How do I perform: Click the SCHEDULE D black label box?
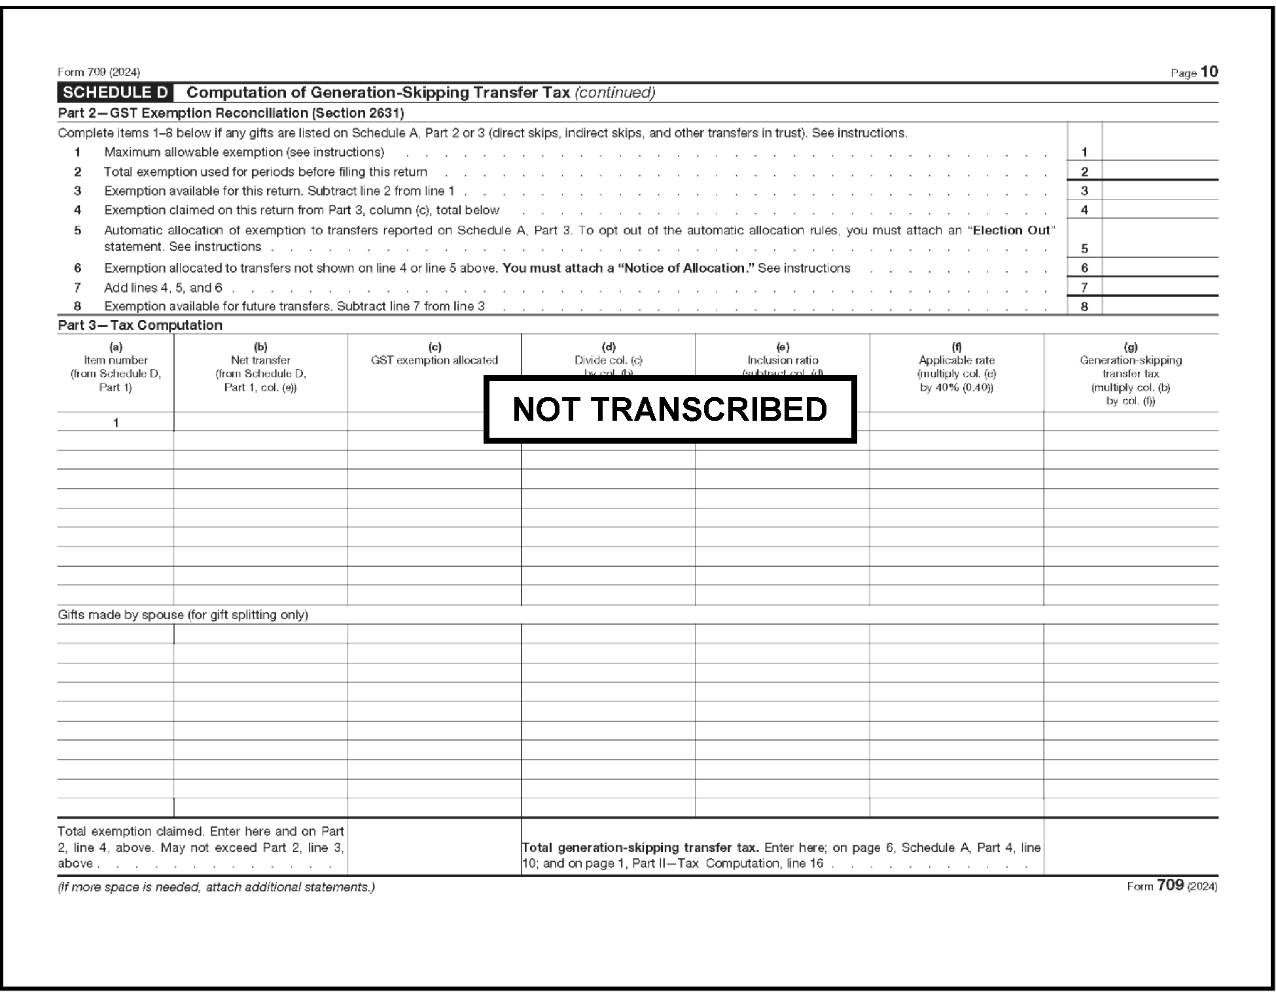click(115, 92)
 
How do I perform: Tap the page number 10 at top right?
click(1209, 72)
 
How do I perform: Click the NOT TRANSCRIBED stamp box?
click(669, 409)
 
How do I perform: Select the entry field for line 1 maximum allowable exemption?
click(1160, 152)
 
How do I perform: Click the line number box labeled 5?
click(1084, 249)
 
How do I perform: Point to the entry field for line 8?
click(1160, 306)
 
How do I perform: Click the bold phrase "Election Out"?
click(1011, 230)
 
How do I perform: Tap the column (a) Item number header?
click(116, 367)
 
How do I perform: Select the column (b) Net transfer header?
click(260, 367)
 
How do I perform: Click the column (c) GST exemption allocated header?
click(434, 354)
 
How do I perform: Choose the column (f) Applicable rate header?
click(956, 367)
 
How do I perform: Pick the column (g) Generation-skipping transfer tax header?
click(1130, 374)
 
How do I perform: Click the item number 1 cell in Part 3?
click(116, 423)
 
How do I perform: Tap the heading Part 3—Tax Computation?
click(140, 325)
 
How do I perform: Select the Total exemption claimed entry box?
click(434, 847)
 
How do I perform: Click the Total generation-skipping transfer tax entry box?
click(1130, 847)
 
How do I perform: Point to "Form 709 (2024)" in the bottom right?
click(1171, 886)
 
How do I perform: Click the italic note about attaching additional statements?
click(216, 887)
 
